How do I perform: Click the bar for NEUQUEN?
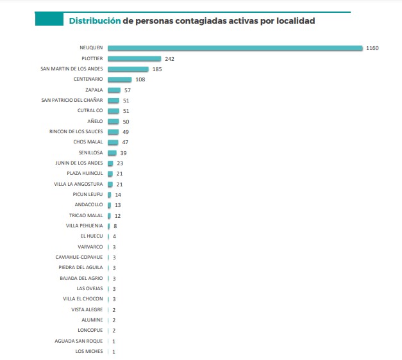tap(235, 48)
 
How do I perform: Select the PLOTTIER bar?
tap(134, 58)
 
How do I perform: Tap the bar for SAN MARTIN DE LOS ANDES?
tap(128, 69)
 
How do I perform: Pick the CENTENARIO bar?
tap(119, 79)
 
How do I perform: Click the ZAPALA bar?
tap(114, 90)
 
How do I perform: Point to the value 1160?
tap(373, 48)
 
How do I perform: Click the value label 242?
tap(169, 58)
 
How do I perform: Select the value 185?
tap(157, 69)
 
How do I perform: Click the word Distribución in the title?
tap(94, 21)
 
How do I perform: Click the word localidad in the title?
tap(293, 21)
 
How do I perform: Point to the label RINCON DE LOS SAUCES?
tap(76, 131)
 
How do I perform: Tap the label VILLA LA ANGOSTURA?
tap(78, 184)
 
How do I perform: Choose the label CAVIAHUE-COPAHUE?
tap(79, 257)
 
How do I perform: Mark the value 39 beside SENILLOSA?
tap(124, 153)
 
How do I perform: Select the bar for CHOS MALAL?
tap(113, 142)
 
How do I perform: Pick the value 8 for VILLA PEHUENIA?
tap(115, 226)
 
